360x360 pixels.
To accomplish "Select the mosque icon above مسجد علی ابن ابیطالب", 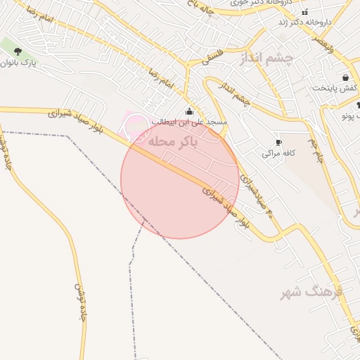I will pos(188,111).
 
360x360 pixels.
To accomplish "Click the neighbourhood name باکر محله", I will pos(172,141).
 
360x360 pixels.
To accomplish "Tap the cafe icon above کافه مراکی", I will pos(278,142).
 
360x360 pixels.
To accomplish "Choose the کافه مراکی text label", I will pos(278,153).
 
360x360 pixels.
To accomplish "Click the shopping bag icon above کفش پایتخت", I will pos(345,77).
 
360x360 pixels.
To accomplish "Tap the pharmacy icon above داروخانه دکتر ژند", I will pos(304,12).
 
